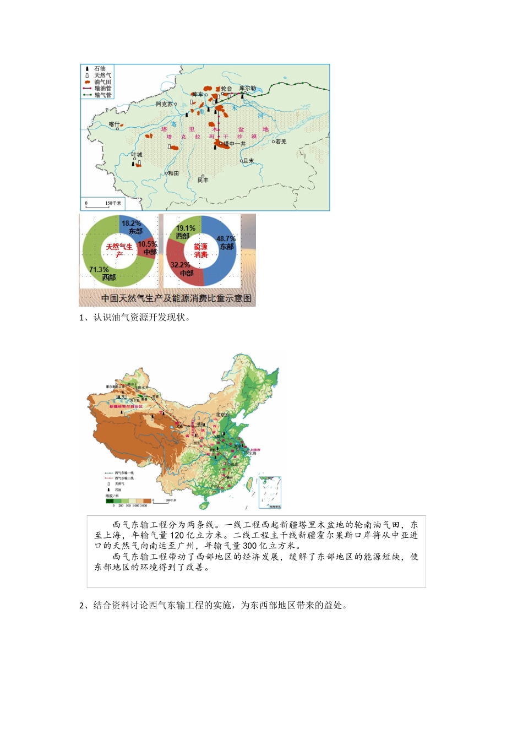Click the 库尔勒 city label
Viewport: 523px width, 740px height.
(x=247, y=88)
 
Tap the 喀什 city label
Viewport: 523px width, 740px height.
(x=114, y=124)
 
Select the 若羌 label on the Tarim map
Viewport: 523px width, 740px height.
(x=281, y=142)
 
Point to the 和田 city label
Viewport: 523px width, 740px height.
(x=173, y=173)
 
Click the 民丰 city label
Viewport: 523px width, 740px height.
(x=203, y=180)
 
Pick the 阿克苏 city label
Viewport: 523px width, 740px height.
(x=164, y=104)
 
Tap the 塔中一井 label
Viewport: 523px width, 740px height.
(x=235, y=144)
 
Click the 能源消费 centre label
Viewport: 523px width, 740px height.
(x=201, y=251)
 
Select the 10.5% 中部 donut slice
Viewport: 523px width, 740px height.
(x=147, y=248)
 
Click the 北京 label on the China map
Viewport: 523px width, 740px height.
(x=221, y=415)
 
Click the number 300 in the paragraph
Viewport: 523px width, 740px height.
(x=250, y=546)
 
